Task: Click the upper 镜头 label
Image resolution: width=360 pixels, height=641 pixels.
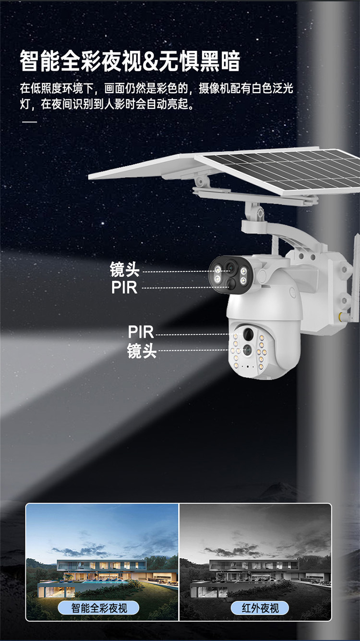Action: (x=124, y=270)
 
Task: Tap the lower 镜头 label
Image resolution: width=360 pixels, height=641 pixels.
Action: (x=142, y=351)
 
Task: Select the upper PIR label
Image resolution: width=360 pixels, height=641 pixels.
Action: (x=124, y=288)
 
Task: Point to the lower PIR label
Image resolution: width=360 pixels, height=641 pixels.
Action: (x=141, y=332)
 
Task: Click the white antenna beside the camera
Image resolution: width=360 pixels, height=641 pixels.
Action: (x=355, y=278)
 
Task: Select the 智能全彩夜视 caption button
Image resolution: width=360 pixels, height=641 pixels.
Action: (x=99, y=608)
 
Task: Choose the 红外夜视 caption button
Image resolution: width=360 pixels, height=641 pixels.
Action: (x=260, y=608)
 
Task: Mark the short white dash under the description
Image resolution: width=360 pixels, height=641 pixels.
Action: (x=29, y=122)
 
